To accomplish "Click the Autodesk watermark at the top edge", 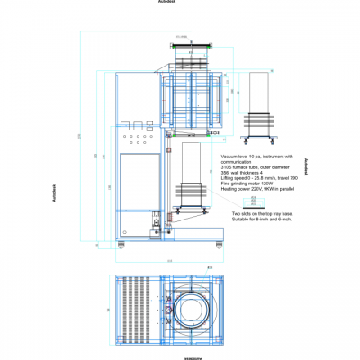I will [167, 2].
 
